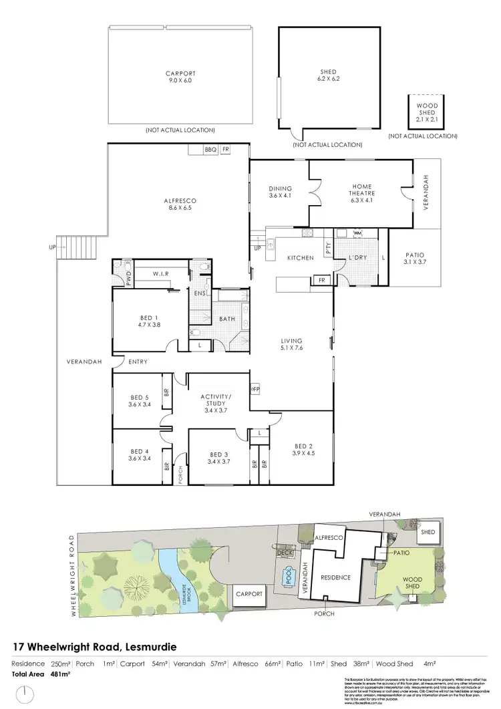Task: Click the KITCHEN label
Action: point(300,257)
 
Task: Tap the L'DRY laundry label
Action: point(355,257)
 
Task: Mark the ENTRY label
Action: point(138,362)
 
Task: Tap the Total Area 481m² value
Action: point(61,674)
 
